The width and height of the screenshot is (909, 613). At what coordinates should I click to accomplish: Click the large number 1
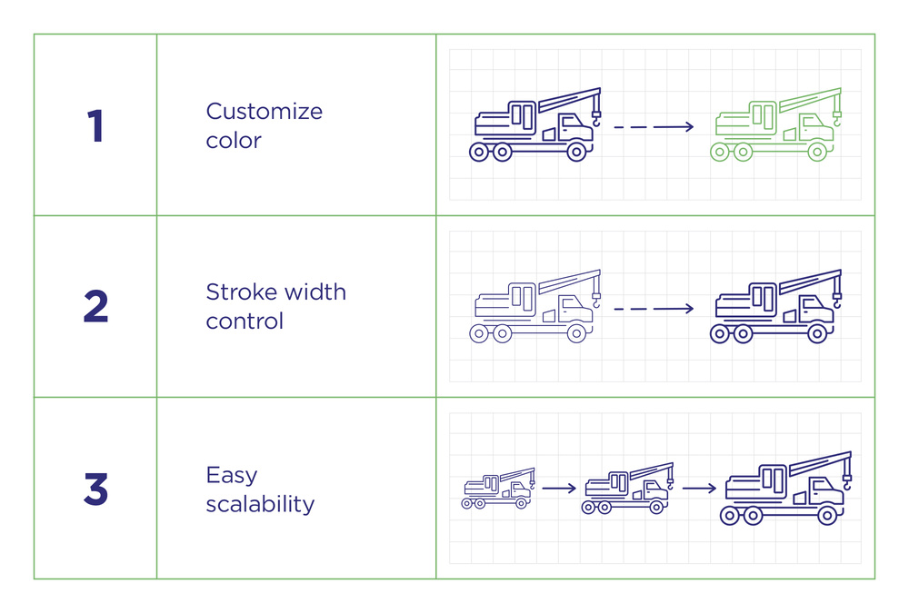tap(95, 125)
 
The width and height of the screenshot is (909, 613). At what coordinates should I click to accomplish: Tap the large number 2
tap(95, 306)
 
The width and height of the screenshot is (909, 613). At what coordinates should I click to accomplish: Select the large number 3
tap(95, 489)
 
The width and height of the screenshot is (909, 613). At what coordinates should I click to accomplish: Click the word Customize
tap(265, 111)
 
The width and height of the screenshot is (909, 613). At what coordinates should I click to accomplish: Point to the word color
tap(234, 140)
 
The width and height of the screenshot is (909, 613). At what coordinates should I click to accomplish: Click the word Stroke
tap(241, 292)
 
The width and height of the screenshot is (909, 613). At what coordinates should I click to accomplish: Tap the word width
tap(315, 292)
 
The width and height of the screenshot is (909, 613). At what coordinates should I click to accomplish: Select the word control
tap(245, 321)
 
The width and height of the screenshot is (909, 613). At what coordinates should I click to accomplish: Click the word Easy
tap(232, 476)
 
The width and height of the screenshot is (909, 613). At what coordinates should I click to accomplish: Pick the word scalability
tap(260, 504)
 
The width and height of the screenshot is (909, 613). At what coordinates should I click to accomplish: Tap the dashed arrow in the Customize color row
tap(654, 127)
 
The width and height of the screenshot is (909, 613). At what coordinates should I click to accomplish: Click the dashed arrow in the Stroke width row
tap(654, 308)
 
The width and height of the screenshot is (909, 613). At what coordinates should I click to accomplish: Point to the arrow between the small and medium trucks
tap(559, 489)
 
